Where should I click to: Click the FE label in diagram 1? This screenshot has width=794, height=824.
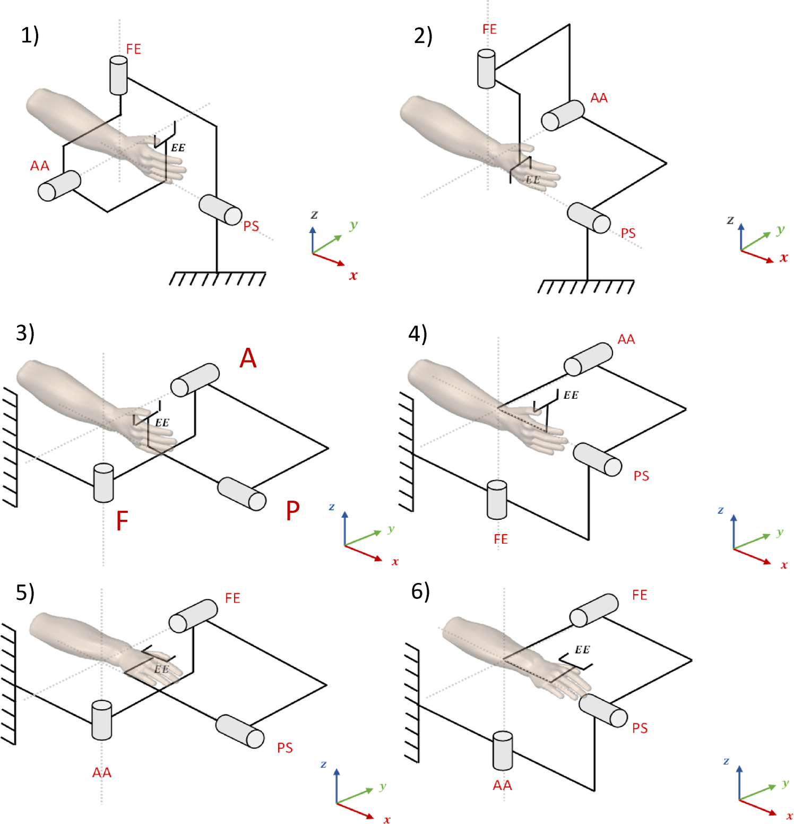[x=133, y=49]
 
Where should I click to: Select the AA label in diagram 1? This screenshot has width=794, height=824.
[x=40, y=166]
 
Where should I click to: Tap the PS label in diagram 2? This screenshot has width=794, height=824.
[x=628, y=233]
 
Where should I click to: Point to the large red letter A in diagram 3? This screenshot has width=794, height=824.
[x=248, y=358]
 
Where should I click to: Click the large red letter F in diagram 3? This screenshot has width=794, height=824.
[x=122, y=521]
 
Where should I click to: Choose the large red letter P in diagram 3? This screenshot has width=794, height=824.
[x=292, y=511]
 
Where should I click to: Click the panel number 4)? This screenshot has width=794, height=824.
[x=418, y=334]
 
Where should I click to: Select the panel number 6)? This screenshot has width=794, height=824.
[x=420, y=591]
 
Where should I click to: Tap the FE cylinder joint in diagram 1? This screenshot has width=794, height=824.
[x=118, y=75]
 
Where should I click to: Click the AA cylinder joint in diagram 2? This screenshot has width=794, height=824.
[x=563, y=115]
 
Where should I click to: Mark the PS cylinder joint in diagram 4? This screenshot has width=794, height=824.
[x=597, y=459]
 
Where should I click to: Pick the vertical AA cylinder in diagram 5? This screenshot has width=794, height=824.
[x=101, y=720]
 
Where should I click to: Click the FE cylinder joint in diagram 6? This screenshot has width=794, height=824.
[x=593, y=610]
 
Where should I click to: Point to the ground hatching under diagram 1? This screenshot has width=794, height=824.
[x=217, y=279]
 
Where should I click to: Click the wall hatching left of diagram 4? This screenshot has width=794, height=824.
[x=406, y=451]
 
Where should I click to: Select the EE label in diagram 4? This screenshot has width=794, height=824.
[x=571, y=395]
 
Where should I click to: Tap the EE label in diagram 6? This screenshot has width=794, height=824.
[x=582, y=650]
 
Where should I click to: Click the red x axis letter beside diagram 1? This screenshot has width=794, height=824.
[x=353, y=276]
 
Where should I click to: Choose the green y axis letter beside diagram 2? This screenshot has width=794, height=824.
[x=780, y=230]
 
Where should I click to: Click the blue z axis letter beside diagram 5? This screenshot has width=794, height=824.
[x=323, y=764]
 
